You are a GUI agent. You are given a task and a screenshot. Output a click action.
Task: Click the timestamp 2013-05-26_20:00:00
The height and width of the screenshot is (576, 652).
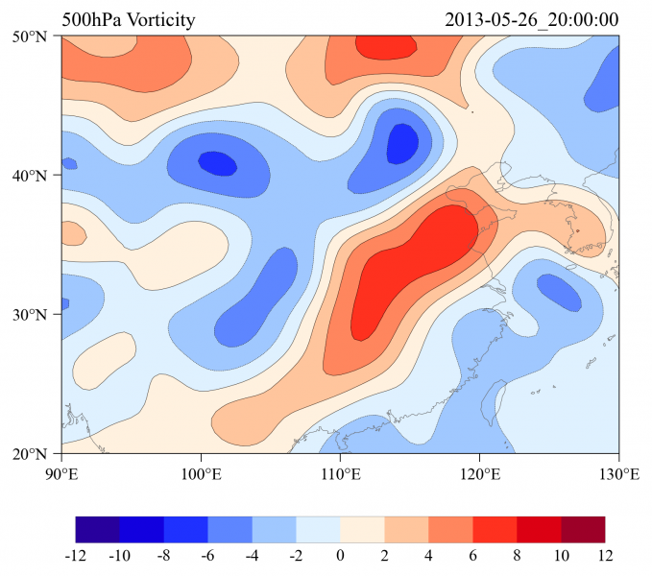coord(532,20)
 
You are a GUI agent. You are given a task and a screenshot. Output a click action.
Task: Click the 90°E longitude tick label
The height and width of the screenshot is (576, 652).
coord(61,473)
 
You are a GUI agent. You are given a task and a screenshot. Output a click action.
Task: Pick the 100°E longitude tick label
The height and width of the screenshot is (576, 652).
coord(201,473)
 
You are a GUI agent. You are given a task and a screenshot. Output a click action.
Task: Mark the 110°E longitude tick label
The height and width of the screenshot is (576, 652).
coord(340,473)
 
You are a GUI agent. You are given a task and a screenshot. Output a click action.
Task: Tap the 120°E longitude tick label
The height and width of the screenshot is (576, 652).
coord(479,473)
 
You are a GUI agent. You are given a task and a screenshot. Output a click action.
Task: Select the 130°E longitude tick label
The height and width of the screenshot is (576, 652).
coord(618,473)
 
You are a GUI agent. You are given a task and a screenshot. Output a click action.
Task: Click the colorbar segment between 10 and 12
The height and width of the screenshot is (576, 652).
coord(584,530)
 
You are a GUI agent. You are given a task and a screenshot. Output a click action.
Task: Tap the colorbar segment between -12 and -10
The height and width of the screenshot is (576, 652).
coord(98,530)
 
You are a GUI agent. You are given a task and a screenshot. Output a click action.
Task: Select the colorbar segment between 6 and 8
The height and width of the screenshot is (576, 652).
coord(495,530)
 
